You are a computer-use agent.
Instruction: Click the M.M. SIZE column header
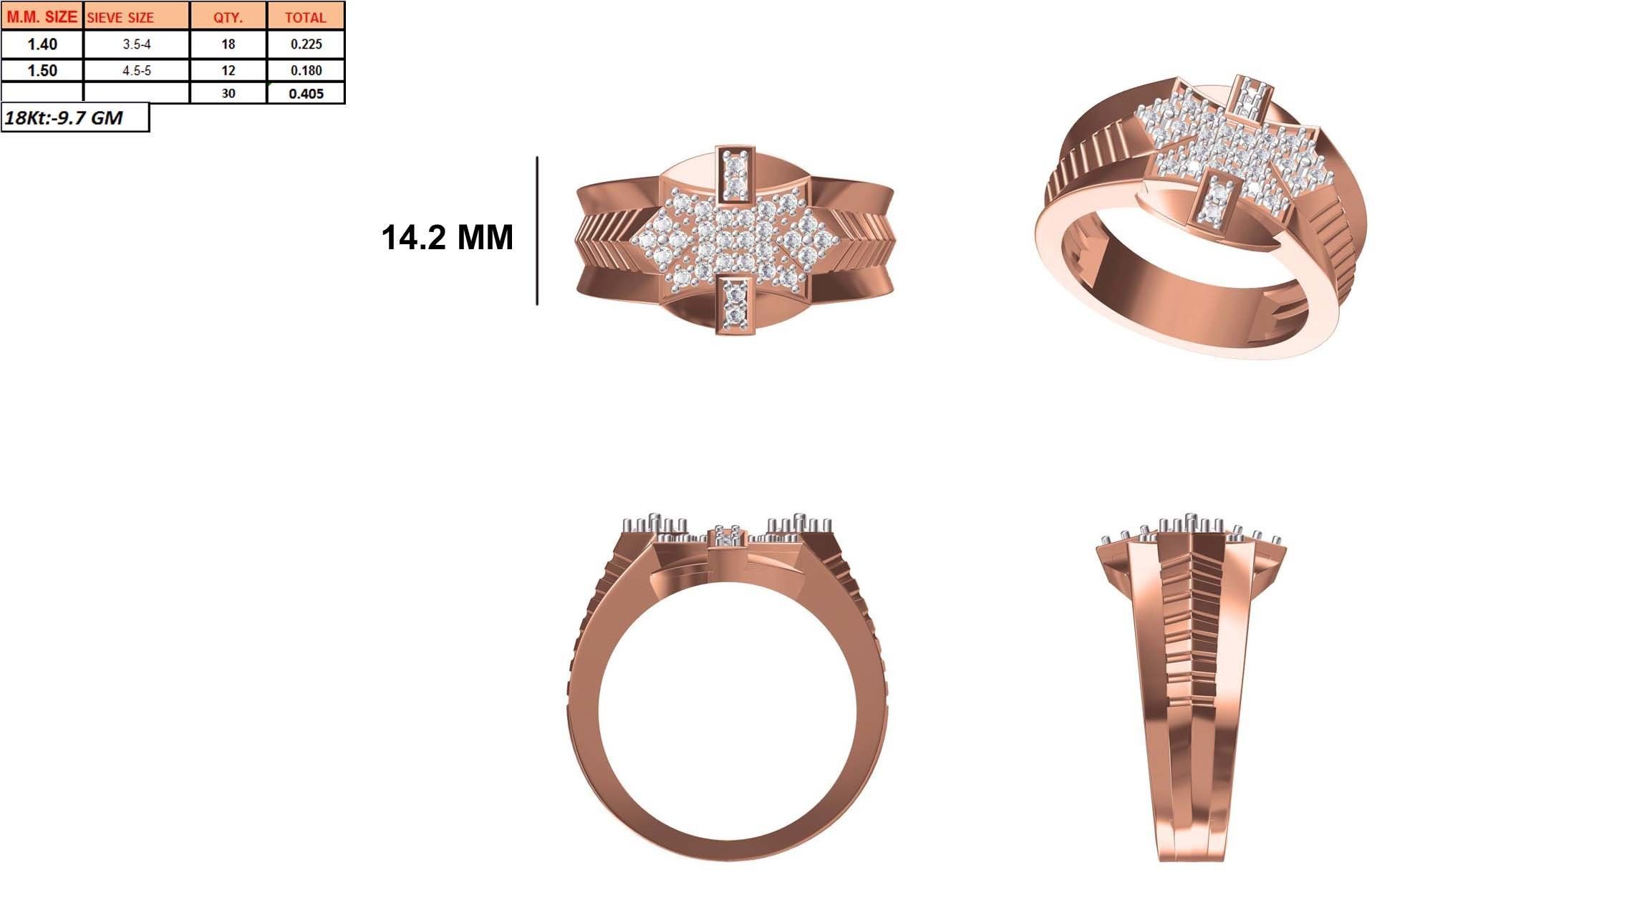(42, 16)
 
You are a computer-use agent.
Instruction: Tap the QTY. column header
(228, 17)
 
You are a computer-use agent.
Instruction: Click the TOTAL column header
(306, 17)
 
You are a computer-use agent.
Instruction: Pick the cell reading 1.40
(42, 44)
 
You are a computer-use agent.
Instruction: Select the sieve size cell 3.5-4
(136, 44)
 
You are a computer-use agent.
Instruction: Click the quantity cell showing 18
(228, 44)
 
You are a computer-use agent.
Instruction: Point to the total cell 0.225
(306, 44)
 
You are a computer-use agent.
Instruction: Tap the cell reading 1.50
(42, 70)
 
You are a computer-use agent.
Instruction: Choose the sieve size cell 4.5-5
(136, 70)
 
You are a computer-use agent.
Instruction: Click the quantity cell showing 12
(228, 70)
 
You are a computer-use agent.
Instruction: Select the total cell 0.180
(306, 70)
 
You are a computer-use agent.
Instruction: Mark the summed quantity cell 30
(228, 93)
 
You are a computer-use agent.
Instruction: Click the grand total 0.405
(306, 93)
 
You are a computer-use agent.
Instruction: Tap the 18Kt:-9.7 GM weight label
(64, 118)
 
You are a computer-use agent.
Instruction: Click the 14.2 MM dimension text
(447, 238)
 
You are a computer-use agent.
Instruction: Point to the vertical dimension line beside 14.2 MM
(537, 231)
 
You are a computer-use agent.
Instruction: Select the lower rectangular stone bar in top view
(735, 304)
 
